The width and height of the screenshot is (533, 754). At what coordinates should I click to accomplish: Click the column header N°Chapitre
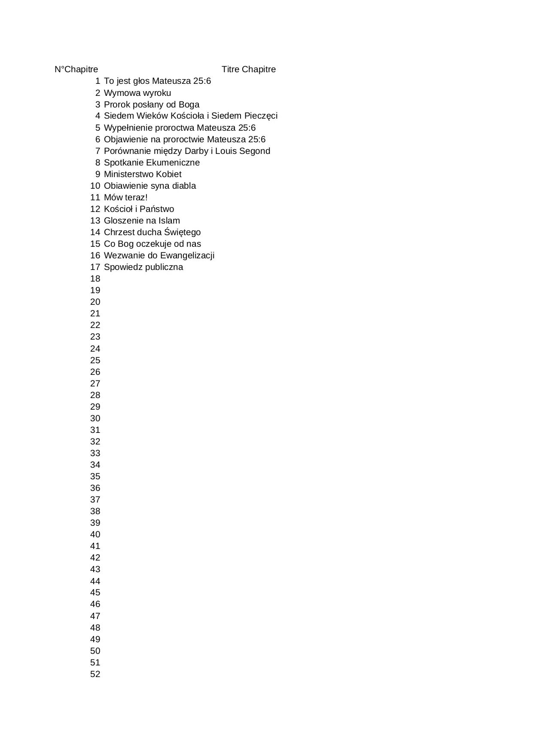point(76,69)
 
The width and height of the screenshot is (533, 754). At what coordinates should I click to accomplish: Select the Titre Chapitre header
point(249,69)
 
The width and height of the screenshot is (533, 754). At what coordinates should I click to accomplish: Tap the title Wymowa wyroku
point(137,93)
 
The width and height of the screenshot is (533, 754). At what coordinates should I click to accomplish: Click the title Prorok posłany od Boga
point(152,104)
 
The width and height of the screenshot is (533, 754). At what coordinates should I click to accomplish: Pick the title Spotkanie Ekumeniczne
point(152,162)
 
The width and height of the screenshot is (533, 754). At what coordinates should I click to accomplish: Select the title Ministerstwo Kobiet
point(143,174)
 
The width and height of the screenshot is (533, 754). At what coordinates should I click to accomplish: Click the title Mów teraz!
point(125,197)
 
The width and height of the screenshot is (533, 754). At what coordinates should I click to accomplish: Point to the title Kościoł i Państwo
point(139,209)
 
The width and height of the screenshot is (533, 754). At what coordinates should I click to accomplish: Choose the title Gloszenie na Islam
point(142,221)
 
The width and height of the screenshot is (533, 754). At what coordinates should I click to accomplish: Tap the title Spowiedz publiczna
point(143,267)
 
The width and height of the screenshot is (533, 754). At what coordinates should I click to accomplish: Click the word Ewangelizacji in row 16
point(187,255)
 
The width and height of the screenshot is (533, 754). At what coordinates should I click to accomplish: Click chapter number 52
point(95,674)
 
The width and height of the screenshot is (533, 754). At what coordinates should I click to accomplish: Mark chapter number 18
point(95,279)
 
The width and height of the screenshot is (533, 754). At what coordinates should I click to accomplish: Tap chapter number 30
point(95,418)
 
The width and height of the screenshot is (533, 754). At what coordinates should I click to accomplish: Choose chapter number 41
point(95,546)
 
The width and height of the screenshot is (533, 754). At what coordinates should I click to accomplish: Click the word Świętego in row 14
point(183,232)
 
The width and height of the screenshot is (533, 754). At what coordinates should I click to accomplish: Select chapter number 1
point(97,81)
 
